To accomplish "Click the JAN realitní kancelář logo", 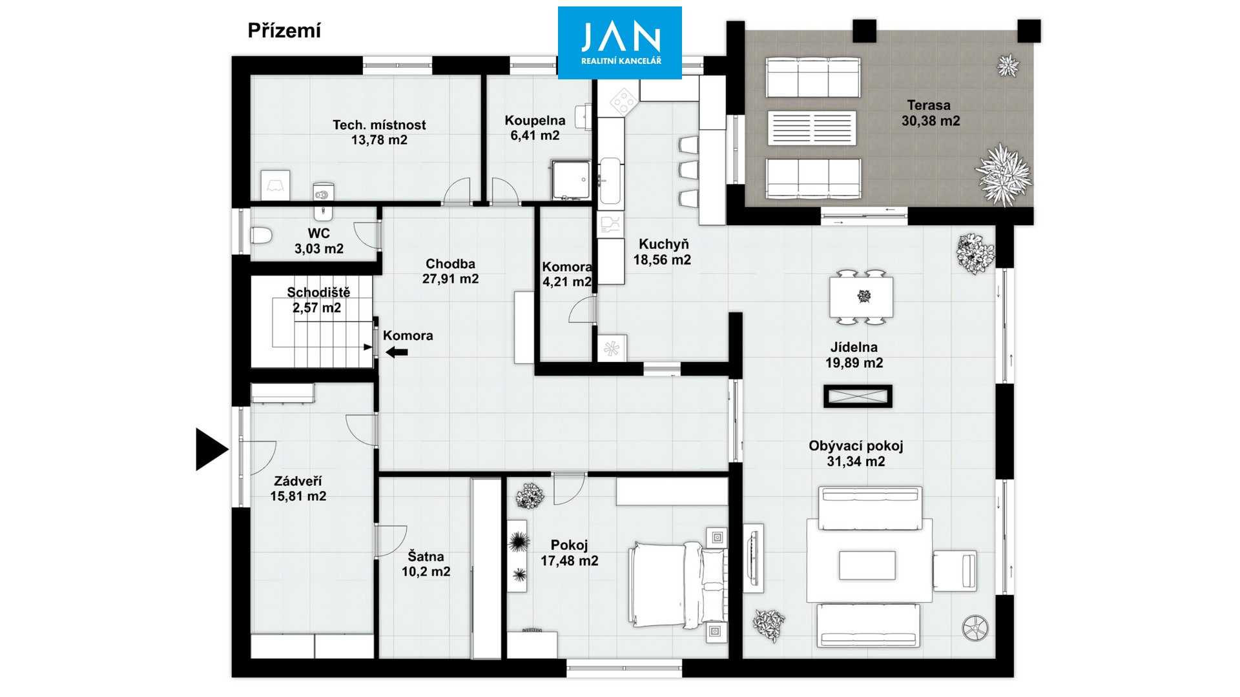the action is pos(620,43).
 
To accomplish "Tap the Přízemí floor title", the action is pos(284,31).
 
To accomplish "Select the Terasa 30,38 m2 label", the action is pos(930,113).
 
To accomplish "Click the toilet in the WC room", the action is pos(261,236).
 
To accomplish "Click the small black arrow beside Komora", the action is pos(397,352).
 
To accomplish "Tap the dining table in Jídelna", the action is pos(862,297).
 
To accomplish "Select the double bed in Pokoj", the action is pos(677,584).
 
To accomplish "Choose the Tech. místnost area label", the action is pos(379,132).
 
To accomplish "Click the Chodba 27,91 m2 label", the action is pos(450,271).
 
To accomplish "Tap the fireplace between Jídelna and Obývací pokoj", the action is pos(858,396).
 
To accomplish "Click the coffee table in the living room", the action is pos(867,565).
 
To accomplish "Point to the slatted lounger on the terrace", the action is pos(812,128).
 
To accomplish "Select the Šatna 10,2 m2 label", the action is pos(426,564).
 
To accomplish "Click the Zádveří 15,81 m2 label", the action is pos(298,489).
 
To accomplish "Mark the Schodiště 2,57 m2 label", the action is pos(318,300).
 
